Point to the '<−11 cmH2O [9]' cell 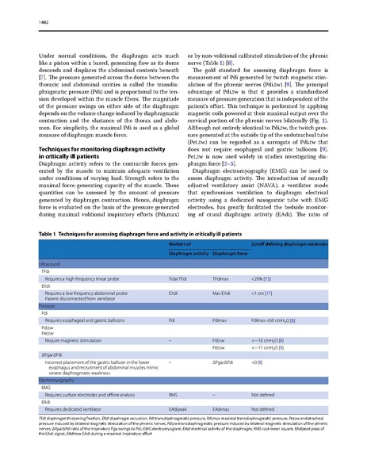pyautogui.click(x=272, y=347)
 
